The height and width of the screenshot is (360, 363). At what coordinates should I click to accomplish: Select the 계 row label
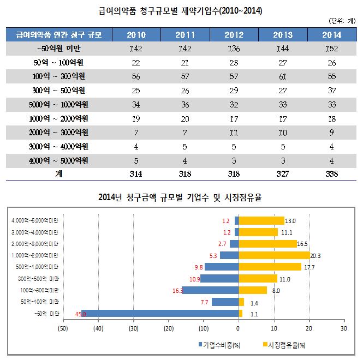coord(59,174)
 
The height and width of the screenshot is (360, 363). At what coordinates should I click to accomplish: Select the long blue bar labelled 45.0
coord(159,313)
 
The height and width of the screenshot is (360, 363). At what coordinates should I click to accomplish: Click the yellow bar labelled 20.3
coord(274,255)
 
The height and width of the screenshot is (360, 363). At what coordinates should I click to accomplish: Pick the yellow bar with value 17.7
coord(270,267)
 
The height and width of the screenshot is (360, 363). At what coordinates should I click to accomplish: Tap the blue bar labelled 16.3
coord(210,290)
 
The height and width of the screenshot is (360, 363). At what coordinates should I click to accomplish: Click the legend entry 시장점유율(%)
coord(285,345)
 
